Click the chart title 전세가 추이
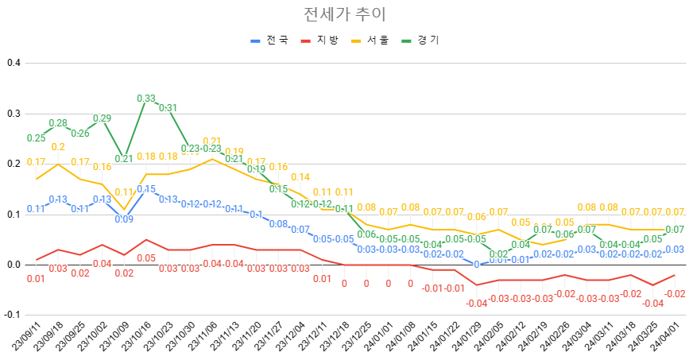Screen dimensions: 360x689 [345, 15]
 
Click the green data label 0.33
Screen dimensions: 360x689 [146, 99]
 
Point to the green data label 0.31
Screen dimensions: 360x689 [168, 108]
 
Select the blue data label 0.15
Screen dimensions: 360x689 [146, 189]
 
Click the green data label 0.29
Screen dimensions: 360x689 [102, 118]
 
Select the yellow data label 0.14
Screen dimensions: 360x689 [300, 176]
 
